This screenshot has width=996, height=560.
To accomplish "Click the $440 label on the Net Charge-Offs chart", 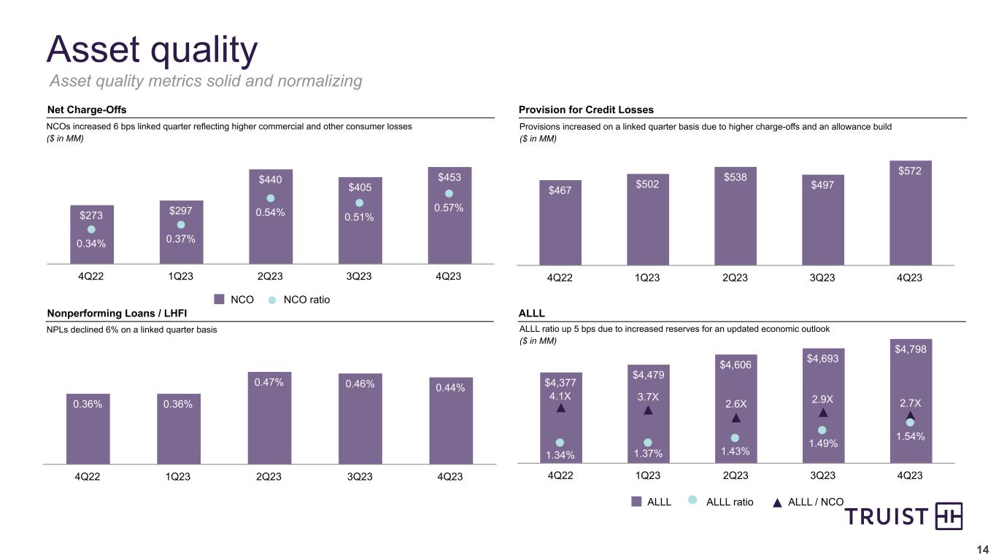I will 271,179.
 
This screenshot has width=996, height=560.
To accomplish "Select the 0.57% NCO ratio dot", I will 449,193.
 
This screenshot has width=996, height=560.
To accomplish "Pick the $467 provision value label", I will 560,190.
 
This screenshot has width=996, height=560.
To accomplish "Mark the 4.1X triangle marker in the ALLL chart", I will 560,408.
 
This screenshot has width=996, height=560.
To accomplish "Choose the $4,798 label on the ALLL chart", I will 911,349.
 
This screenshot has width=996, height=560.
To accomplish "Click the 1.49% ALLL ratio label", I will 822,443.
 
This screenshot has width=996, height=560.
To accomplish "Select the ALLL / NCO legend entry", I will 810,501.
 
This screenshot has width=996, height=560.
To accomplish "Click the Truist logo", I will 904,517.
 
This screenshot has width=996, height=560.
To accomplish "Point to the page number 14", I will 982,549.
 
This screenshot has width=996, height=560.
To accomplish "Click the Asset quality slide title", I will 153,50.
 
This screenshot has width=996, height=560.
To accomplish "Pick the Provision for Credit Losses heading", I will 586,109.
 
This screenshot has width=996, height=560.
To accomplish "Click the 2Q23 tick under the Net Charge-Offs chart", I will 269,276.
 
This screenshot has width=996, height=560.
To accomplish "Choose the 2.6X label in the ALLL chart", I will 736,402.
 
